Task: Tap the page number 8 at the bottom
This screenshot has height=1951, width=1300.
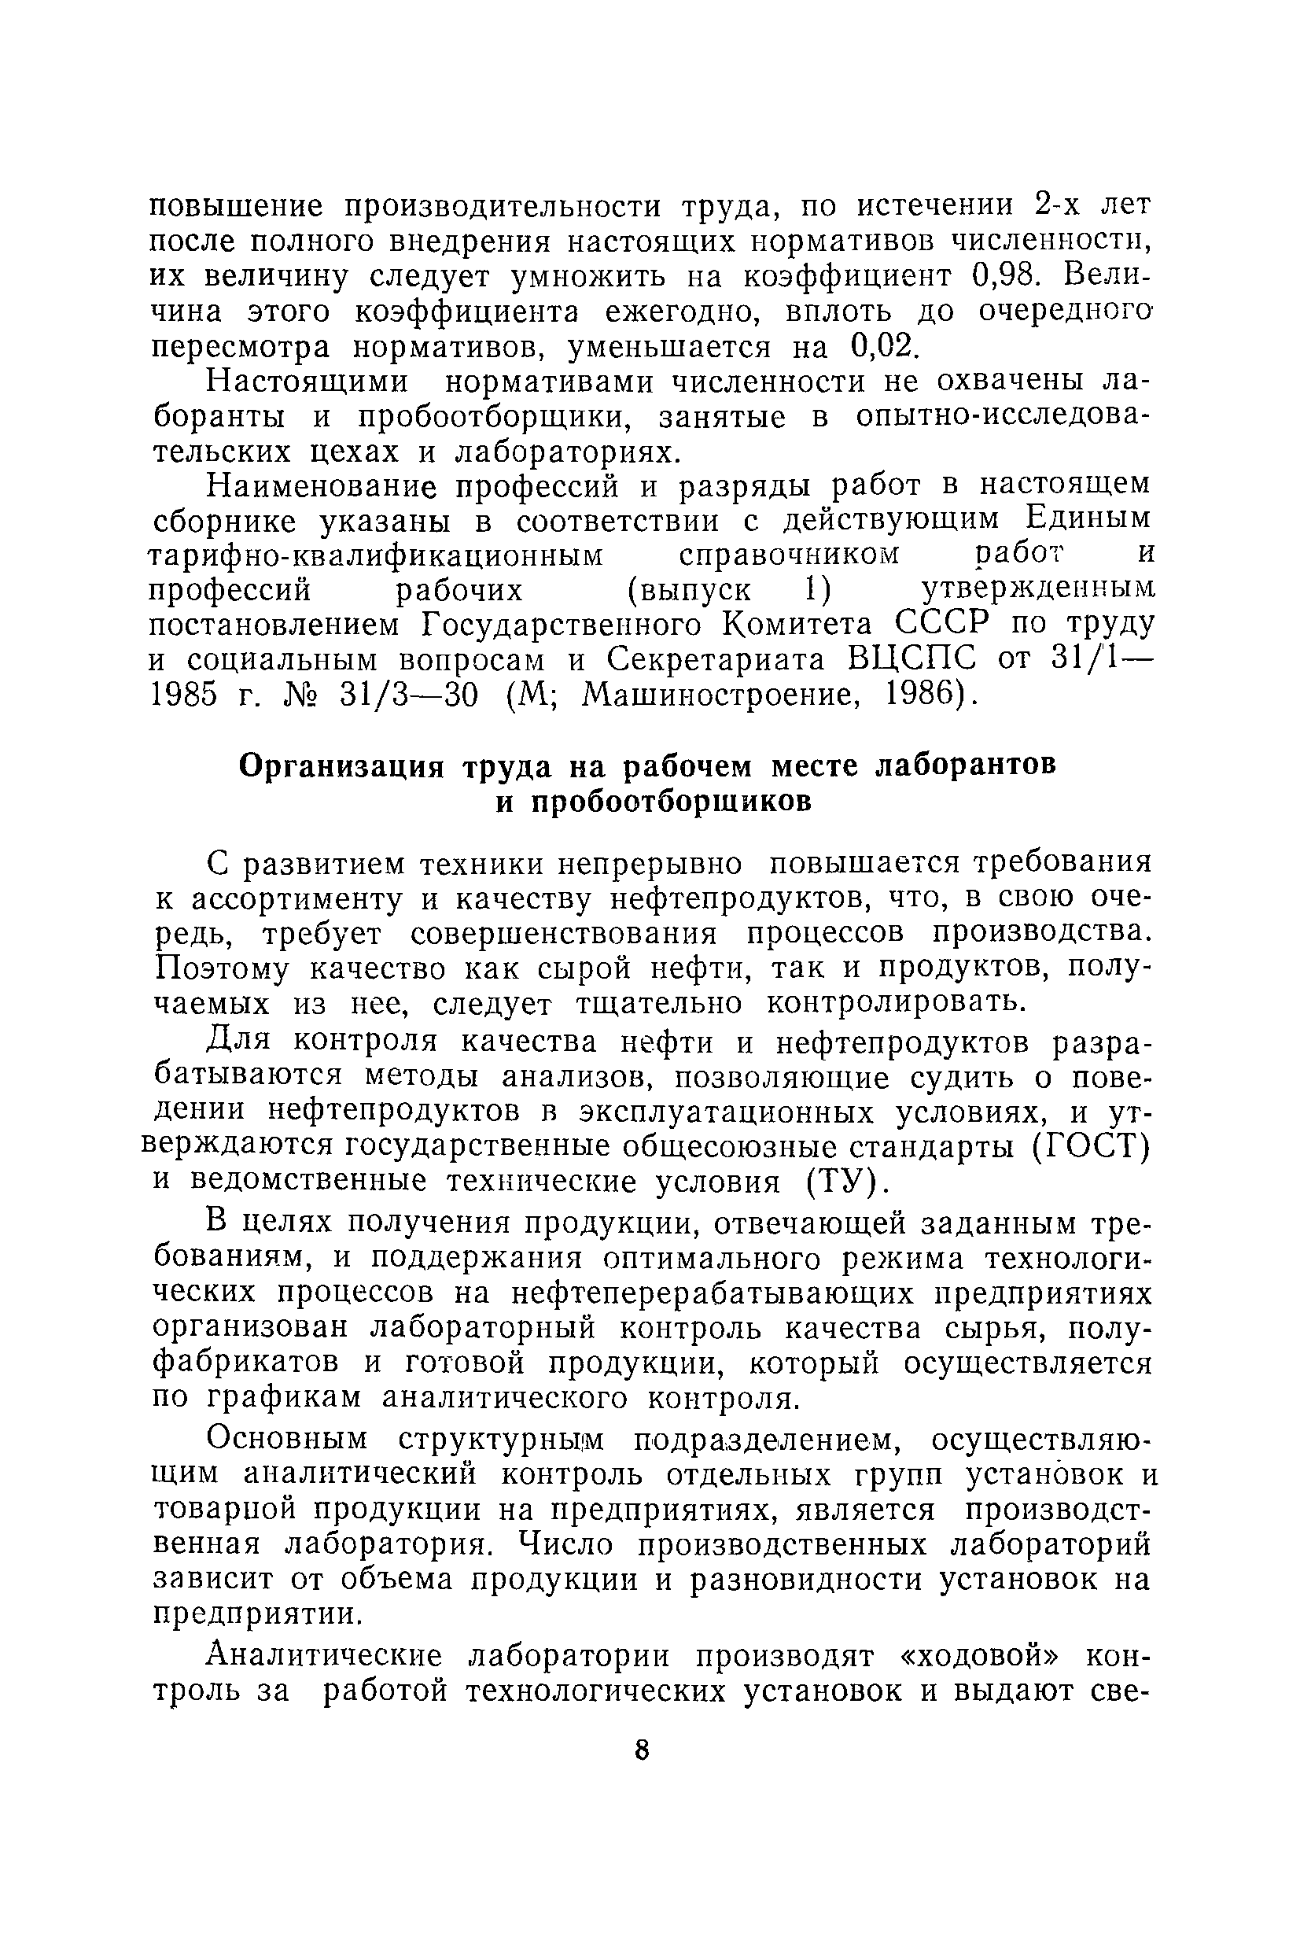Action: (642, 1750)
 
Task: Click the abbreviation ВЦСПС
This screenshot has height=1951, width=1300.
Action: (913, 660)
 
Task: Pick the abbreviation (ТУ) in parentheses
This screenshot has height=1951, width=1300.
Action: (842, 1182)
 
